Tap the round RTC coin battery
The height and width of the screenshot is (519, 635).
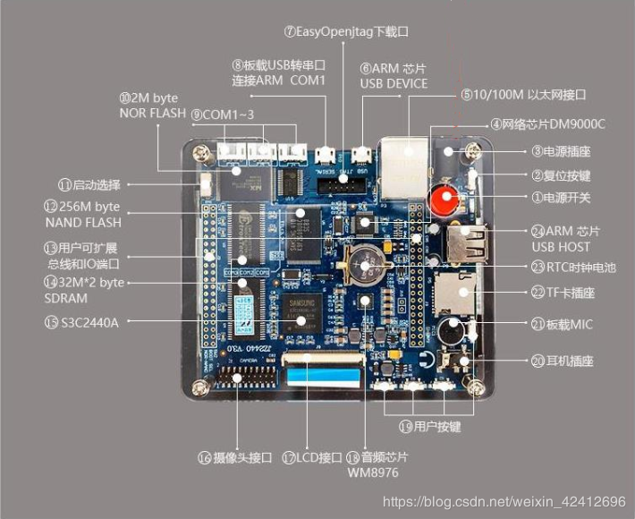click(366, 264)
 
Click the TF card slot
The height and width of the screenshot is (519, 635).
click(459, 293)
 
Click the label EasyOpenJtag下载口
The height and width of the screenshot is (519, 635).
click(346, 31)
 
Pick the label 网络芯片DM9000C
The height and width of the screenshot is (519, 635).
click(552, 124)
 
